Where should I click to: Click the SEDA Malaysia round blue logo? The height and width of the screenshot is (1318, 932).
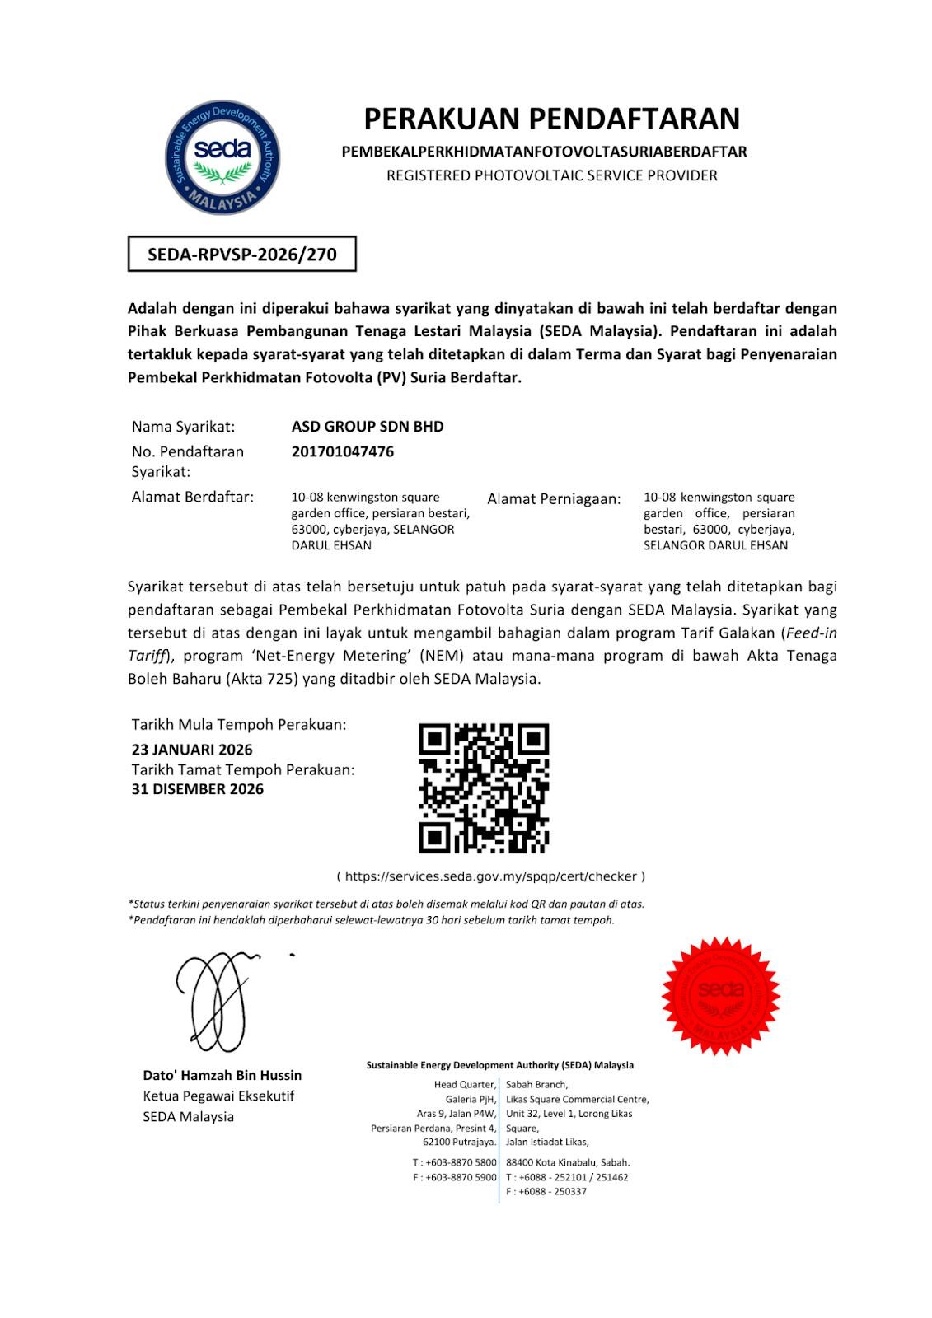(x=222, y=158)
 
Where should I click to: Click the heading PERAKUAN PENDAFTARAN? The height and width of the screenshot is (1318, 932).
(x=551, y=119)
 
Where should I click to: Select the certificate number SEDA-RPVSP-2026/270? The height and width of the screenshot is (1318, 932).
(x=242, y=255)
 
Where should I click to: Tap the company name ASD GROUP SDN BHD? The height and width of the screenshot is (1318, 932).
(x=368, y=427)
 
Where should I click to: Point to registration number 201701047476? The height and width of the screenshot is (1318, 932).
(x=343, y=451)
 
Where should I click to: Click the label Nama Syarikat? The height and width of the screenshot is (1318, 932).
(x=183, y=427)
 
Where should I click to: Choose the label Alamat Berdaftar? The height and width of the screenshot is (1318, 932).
(x=193, y=498)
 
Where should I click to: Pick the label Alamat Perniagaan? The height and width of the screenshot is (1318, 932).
(x=554, y=499)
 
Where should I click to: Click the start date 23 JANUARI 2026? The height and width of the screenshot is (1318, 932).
(x=192, y=750)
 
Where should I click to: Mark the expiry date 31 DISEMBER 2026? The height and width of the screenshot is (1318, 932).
(x=198, y=789)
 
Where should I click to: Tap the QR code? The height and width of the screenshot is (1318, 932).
(x=484, y=788)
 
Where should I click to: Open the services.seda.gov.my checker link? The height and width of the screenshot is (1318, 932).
(x=490, y=876)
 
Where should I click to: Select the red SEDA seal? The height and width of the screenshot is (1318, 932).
(x=721, y=996)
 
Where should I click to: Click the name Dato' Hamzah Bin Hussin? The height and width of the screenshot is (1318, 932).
(x=222, y=1076)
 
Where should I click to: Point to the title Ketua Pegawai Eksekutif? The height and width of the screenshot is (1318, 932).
(x=218, y=1096)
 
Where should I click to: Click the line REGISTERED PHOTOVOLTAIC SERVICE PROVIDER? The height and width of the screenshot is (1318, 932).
(x=552, y=175)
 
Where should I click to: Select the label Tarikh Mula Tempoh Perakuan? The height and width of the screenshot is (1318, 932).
(x=239, y=725)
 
